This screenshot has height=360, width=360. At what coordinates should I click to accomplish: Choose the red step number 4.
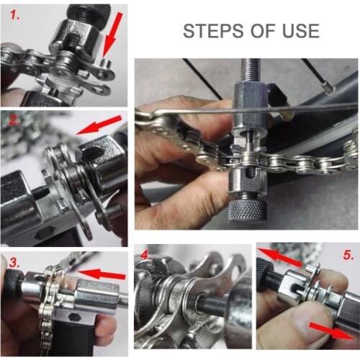(144, 254)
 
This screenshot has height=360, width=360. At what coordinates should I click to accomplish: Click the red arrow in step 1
(112, 36)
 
